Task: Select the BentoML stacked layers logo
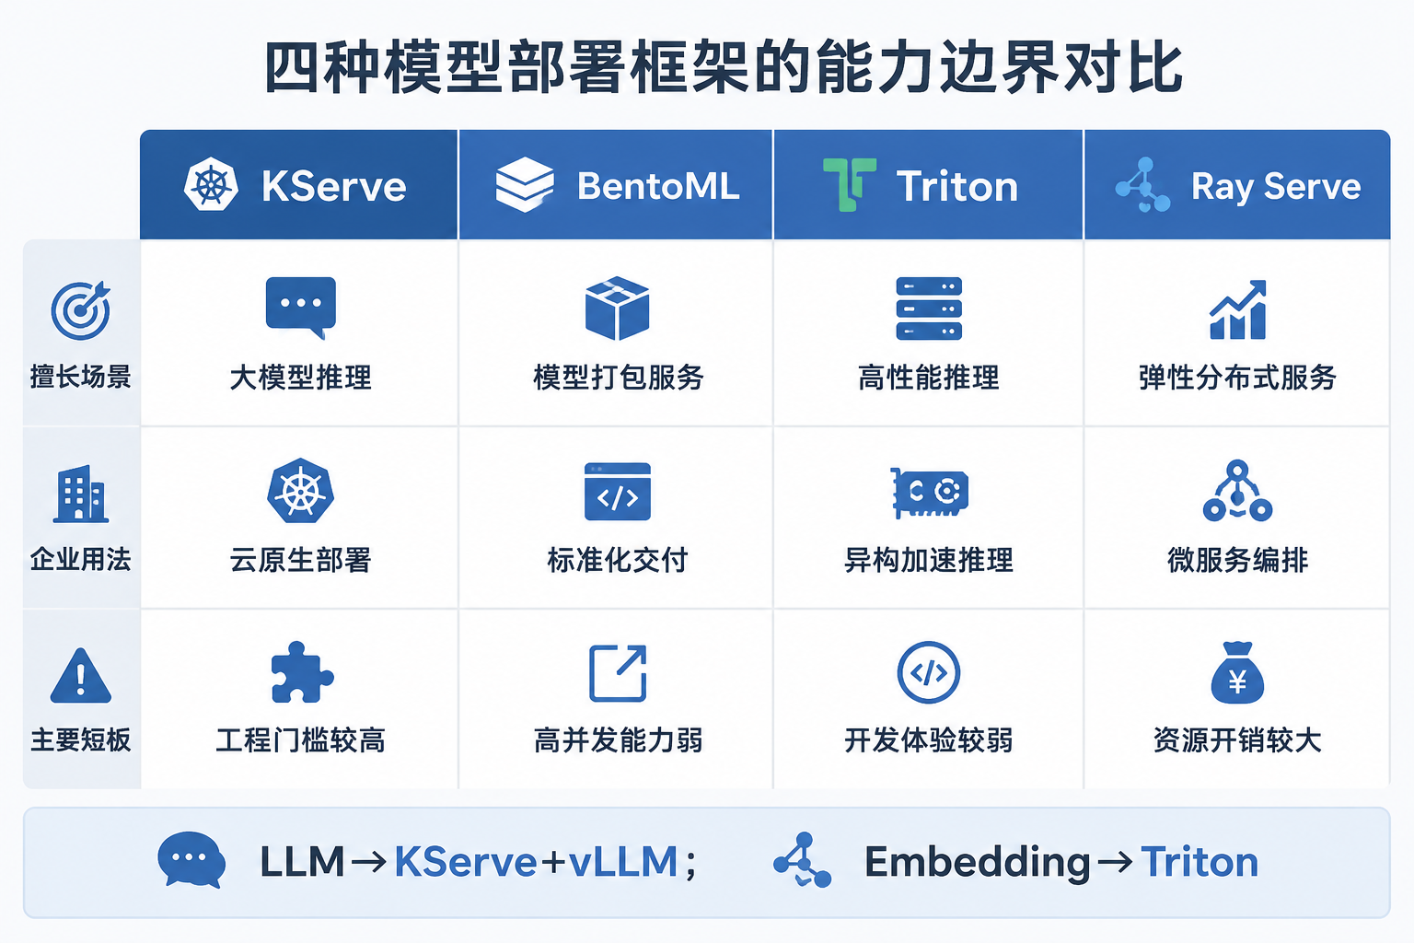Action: click(525, 184)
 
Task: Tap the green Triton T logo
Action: click(850, 184)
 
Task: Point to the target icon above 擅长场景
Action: click(81, 310)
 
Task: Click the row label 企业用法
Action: click(81, 560)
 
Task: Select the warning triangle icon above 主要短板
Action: click(81, 676)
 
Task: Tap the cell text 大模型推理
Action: click(300, 378)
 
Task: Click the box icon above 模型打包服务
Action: click(618, 309)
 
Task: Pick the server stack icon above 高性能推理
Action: click(929, 309)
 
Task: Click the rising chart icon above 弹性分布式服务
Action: click(1238, 309)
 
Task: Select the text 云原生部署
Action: click(300, 560)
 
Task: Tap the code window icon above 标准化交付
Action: click(618, 492)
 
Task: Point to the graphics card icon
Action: click(929, 493)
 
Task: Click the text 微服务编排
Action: click(1238, 560)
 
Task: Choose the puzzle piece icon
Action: click(302, 672)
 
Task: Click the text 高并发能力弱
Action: click(618, 740)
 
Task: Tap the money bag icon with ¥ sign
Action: click(1237, 672)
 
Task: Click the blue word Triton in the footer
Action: click(1200, 862)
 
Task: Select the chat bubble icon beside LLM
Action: click(191, 860)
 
